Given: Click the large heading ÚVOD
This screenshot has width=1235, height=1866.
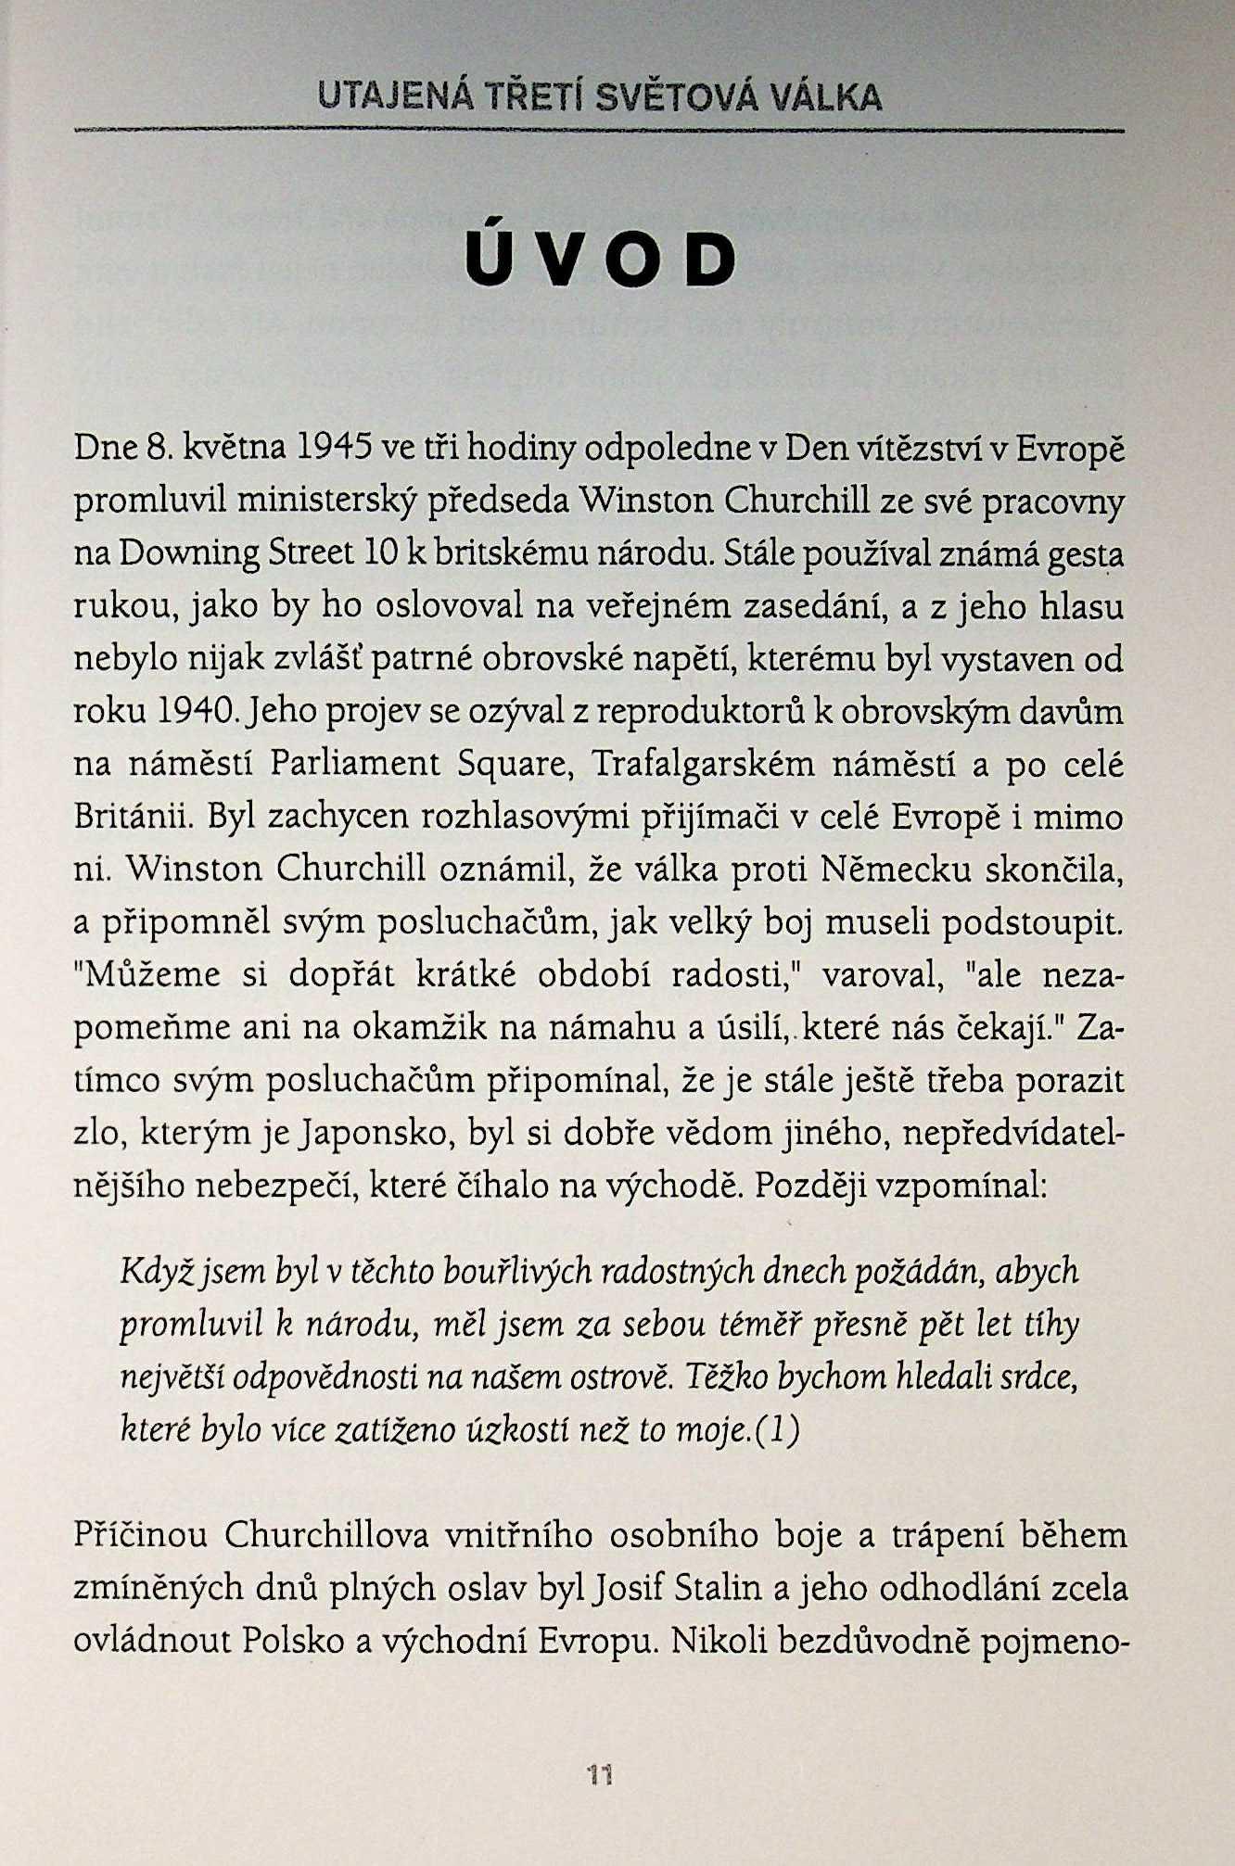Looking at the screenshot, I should tap(601, 259).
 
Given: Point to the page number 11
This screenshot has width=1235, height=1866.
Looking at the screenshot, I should tap(600, 1774).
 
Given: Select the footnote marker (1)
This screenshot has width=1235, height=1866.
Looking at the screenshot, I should tap(778, 1429).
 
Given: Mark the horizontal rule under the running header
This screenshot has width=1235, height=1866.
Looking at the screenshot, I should tap(599, 131).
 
